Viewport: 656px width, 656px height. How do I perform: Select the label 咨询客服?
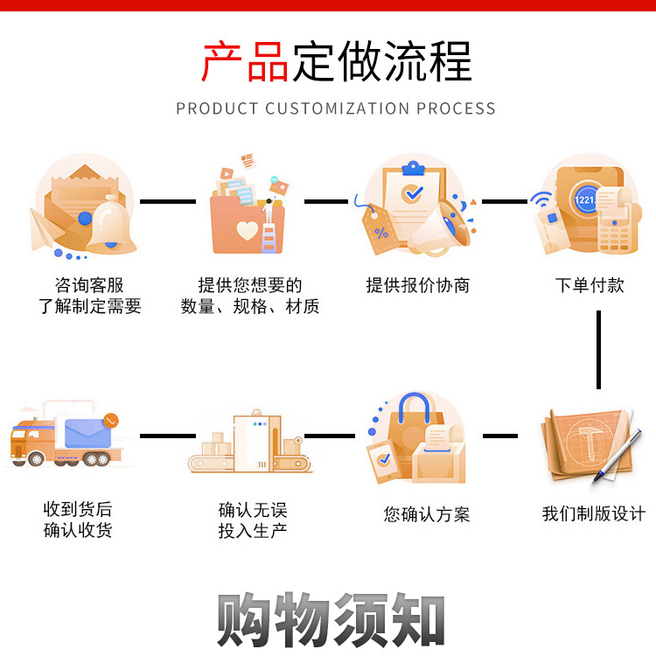(x=88, y=286)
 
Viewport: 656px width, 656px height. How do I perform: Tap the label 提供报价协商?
(x=418, y=286)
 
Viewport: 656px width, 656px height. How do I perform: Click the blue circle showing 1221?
(x=586, y=200)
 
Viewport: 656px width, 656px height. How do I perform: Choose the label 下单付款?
(x=590, y=286)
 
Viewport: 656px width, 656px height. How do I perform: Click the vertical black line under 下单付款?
(x=599, y=349)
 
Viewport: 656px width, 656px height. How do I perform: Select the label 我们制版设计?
(x=594, y=513)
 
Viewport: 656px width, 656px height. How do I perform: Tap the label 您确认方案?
(x=427, y=514)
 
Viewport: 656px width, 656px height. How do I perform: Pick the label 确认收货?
(x=78, y=530)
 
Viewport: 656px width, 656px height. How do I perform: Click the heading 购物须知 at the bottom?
(x=331, y=620)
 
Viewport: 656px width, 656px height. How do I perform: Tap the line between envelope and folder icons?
(x=168, y=202)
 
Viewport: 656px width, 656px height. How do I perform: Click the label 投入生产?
(x=253, y=531)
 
